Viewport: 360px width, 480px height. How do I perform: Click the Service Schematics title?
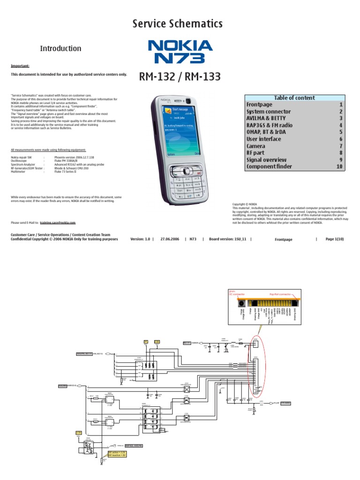177,24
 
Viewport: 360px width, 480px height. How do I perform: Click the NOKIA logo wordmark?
180,46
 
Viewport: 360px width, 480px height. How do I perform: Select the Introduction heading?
60,48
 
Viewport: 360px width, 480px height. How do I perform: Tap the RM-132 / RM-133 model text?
180,76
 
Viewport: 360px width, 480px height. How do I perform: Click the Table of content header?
294,97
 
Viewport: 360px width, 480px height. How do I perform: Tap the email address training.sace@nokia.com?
57,223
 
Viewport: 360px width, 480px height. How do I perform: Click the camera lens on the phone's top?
188,101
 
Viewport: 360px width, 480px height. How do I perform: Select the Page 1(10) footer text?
335,239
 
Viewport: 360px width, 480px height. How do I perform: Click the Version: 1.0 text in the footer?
140,239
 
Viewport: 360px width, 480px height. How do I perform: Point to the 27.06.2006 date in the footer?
170,239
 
